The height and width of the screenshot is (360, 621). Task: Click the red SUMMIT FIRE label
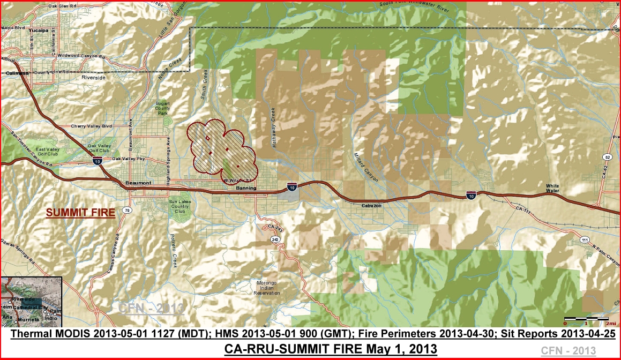pyautogui.click(x=80, y=213)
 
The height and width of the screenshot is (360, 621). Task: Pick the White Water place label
pyautogui.click(x=552, y=188)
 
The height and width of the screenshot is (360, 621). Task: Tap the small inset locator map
pyautogui.click(x=32, y=301)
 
